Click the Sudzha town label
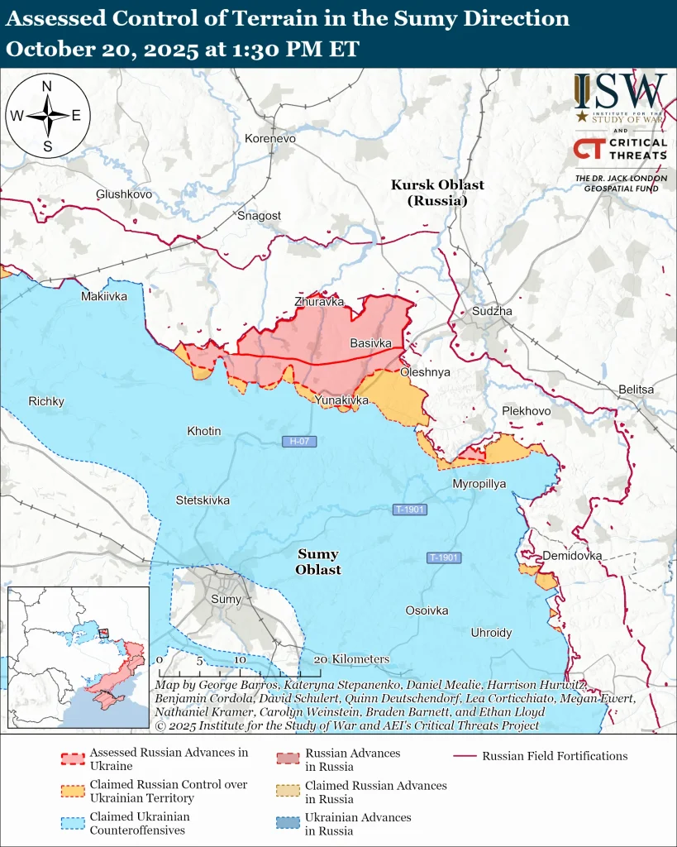coord(492,311)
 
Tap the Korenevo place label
coord(269,138)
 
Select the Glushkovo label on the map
coord(124,194)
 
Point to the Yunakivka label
coord(341,400)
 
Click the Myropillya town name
coord(479,483)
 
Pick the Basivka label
coord(371,342)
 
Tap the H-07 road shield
coord(299,442)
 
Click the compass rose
coord(47,116)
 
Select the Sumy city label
coord(226,599)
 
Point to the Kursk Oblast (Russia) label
coord(437,193)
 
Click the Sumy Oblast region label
coord(318,562)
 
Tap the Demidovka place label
coord(572,556)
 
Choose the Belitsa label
coord(636,390)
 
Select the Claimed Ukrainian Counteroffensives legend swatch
coord(73,822)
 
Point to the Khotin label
coord(203,431)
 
